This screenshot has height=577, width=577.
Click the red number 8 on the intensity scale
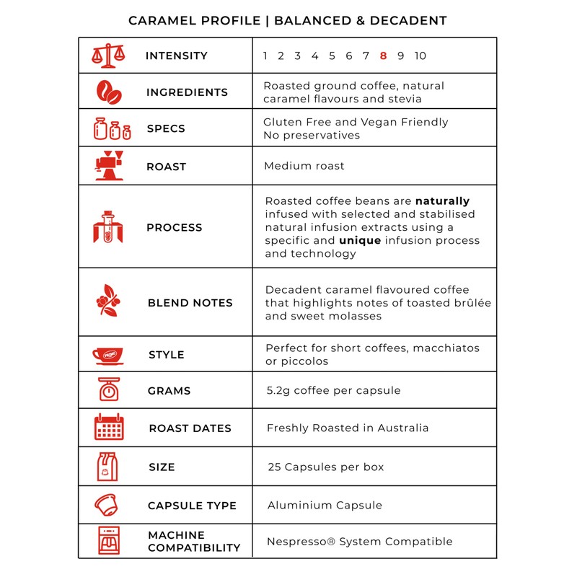pos(383,56)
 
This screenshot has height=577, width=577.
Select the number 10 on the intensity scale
pos(420,56)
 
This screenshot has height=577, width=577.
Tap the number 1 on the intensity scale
pos(265,56)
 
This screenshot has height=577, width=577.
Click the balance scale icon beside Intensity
pos(108,56)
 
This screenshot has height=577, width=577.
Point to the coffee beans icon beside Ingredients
pos(109,92)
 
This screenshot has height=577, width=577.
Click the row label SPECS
pos(166,129)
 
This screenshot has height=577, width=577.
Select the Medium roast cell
pos(304,166)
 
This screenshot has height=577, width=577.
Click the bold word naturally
pos(442,201)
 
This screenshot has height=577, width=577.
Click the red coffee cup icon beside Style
pos(108,355)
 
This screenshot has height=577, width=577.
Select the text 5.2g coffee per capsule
pos(333,390)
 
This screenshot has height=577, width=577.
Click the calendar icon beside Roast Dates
pos(109,428)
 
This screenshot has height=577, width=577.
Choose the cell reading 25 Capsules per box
pos(325,467)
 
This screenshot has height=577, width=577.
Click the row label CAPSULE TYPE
pos(192,506)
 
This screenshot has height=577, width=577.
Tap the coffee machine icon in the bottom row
pos(109,540)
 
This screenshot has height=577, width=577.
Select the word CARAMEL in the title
pos(158,20)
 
